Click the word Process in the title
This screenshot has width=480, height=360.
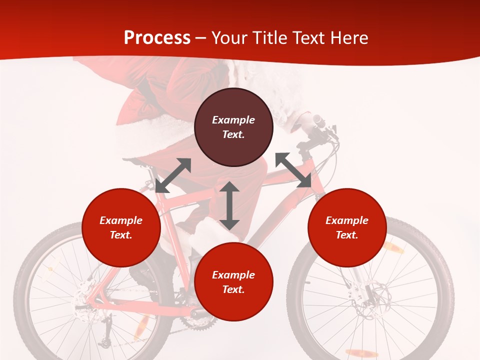coord(157,38)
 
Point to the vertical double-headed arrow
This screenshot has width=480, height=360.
coord(229,205)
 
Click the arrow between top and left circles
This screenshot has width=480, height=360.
coord(173,175)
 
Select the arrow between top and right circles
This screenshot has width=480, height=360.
coord(293,170)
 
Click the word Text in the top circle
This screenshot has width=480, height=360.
coord(233,134)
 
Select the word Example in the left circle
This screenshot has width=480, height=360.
coord(121,220)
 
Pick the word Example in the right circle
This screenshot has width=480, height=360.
coord(347,220)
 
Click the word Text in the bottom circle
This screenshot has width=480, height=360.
coord(233,289)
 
